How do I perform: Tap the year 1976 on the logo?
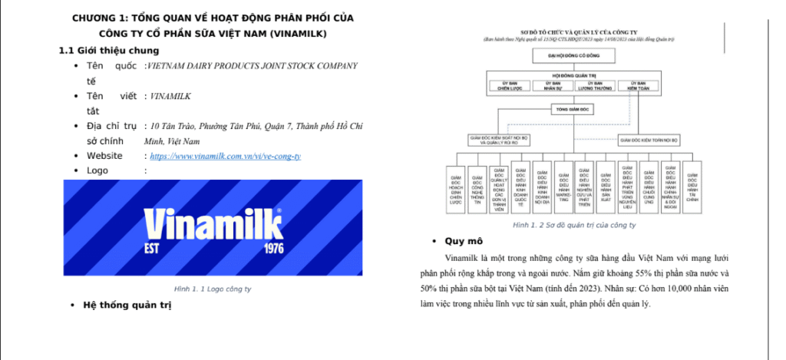coord(273,249)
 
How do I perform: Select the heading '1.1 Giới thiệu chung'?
coord(109,51)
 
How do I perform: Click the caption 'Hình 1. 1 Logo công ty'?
coord(212,289)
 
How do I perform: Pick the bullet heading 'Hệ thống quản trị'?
coord(127,306)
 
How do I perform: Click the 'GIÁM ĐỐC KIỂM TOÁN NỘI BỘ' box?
coord(649,140)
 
